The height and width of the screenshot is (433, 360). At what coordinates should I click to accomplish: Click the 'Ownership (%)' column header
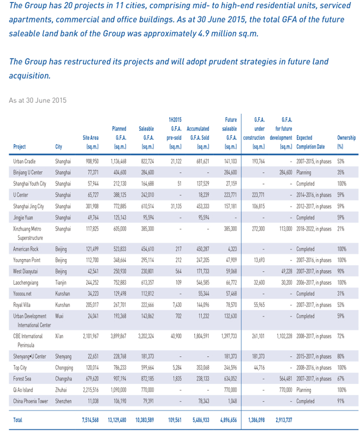(346, 142)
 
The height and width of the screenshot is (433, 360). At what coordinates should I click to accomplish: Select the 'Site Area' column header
(90, 142)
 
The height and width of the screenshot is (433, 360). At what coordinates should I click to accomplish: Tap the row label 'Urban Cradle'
(25, 161)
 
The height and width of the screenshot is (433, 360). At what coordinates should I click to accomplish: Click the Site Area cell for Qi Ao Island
(91, 390)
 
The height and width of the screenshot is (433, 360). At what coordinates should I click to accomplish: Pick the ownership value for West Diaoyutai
(340, 272)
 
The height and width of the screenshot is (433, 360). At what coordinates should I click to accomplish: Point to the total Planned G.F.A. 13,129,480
(117, 420)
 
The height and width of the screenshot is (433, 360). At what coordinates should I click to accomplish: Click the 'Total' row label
(18, 420)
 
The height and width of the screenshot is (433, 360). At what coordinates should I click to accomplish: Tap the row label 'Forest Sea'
(22, 379)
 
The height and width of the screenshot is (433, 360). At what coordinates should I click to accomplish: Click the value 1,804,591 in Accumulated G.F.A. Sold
(201, 336)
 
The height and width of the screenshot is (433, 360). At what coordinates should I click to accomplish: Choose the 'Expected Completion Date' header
(310, 142)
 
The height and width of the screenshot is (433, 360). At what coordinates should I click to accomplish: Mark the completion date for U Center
(314, 195)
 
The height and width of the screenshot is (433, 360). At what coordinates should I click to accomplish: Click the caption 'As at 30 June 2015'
(38, 100)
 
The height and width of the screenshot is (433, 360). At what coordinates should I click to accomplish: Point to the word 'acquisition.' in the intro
(30, 76)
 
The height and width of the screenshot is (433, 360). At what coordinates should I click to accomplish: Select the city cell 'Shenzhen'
(63, 401)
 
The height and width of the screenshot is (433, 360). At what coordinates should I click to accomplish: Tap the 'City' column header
(58, 147)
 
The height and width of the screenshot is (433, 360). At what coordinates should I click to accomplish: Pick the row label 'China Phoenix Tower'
(30, 401)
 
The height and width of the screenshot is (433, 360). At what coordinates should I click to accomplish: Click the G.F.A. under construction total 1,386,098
(256, 420)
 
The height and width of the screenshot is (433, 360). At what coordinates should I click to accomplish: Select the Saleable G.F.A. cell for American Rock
(147, 249)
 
